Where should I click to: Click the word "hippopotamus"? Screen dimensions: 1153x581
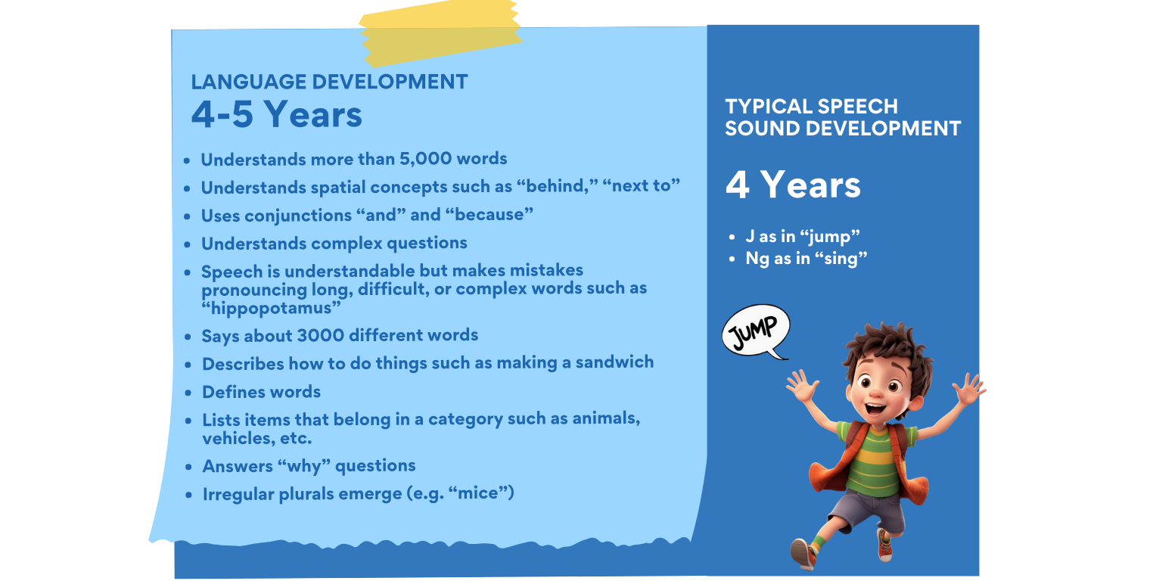coord(271,308)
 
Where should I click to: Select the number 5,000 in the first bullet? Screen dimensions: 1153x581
coord(425,159)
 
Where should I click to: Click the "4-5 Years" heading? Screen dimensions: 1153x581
coord(277,114)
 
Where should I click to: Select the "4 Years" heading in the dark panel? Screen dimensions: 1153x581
coord(793,185)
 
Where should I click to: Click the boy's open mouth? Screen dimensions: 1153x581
coord(875,409)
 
